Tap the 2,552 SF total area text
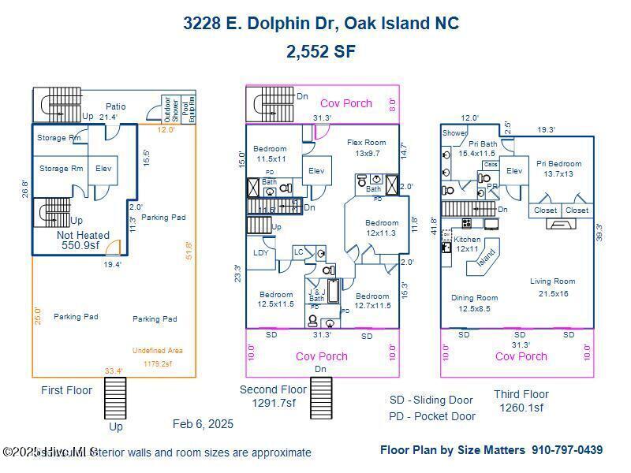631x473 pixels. [x=321, y=52]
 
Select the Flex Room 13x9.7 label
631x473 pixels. [x=367, y=147]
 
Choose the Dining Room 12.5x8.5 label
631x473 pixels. [x=474, y=304]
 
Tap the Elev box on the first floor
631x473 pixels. [x=103, y=168]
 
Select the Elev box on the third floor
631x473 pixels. [x=514, y=170]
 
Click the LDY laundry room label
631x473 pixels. [x=261, y=253]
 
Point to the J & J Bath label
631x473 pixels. [x=316, y=295]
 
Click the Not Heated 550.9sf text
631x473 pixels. [x=83, y=240]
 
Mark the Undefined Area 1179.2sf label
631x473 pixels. [x=158, y=357]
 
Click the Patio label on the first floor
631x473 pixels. [x=115, y=106]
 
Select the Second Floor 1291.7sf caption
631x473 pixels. [x=273, y=396]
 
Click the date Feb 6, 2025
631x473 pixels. [x=203, y=424]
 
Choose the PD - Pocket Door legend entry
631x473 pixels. [x=432, y=416]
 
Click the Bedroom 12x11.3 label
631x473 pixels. [x=382, y=228]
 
